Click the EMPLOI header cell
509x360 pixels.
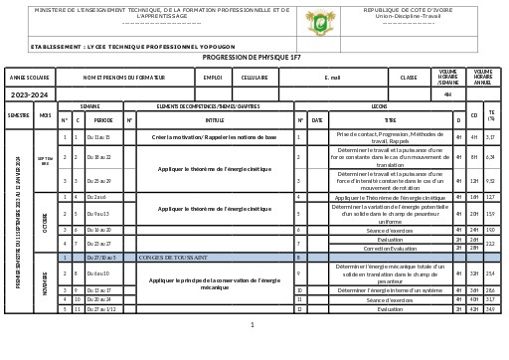[212, 77]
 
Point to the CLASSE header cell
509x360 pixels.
[409, 77]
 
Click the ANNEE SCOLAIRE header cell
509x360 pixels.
[29, 77]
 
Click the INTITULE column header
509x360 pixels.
[215, 118]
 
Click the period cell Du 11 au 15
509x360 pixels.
[99, 136]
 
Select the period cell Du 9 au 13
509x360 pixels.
[99, 213]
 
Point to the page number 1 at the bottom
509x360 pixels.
[253, 324]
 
